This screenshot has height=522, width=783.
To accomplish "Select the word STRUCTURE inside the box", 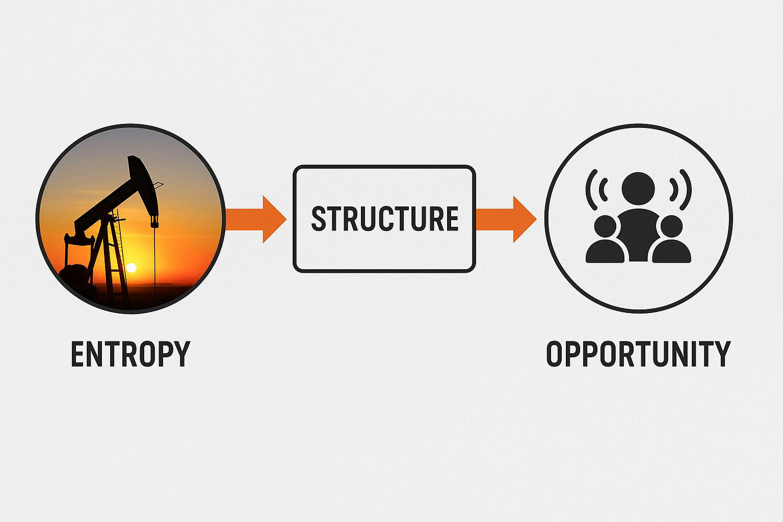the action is tap(384, 218).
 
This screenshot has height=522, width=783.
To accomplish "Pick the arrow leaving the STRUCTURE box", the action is tap(505, 218).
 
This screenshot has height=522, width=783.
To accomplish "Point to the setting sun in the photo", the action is tap(132, 268).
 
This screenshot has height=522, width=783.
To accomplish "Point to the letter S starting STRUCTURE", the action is tap(319, 218).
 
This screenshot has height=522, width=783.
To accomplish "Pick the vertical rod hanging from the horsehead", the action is tap(153, 255).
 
